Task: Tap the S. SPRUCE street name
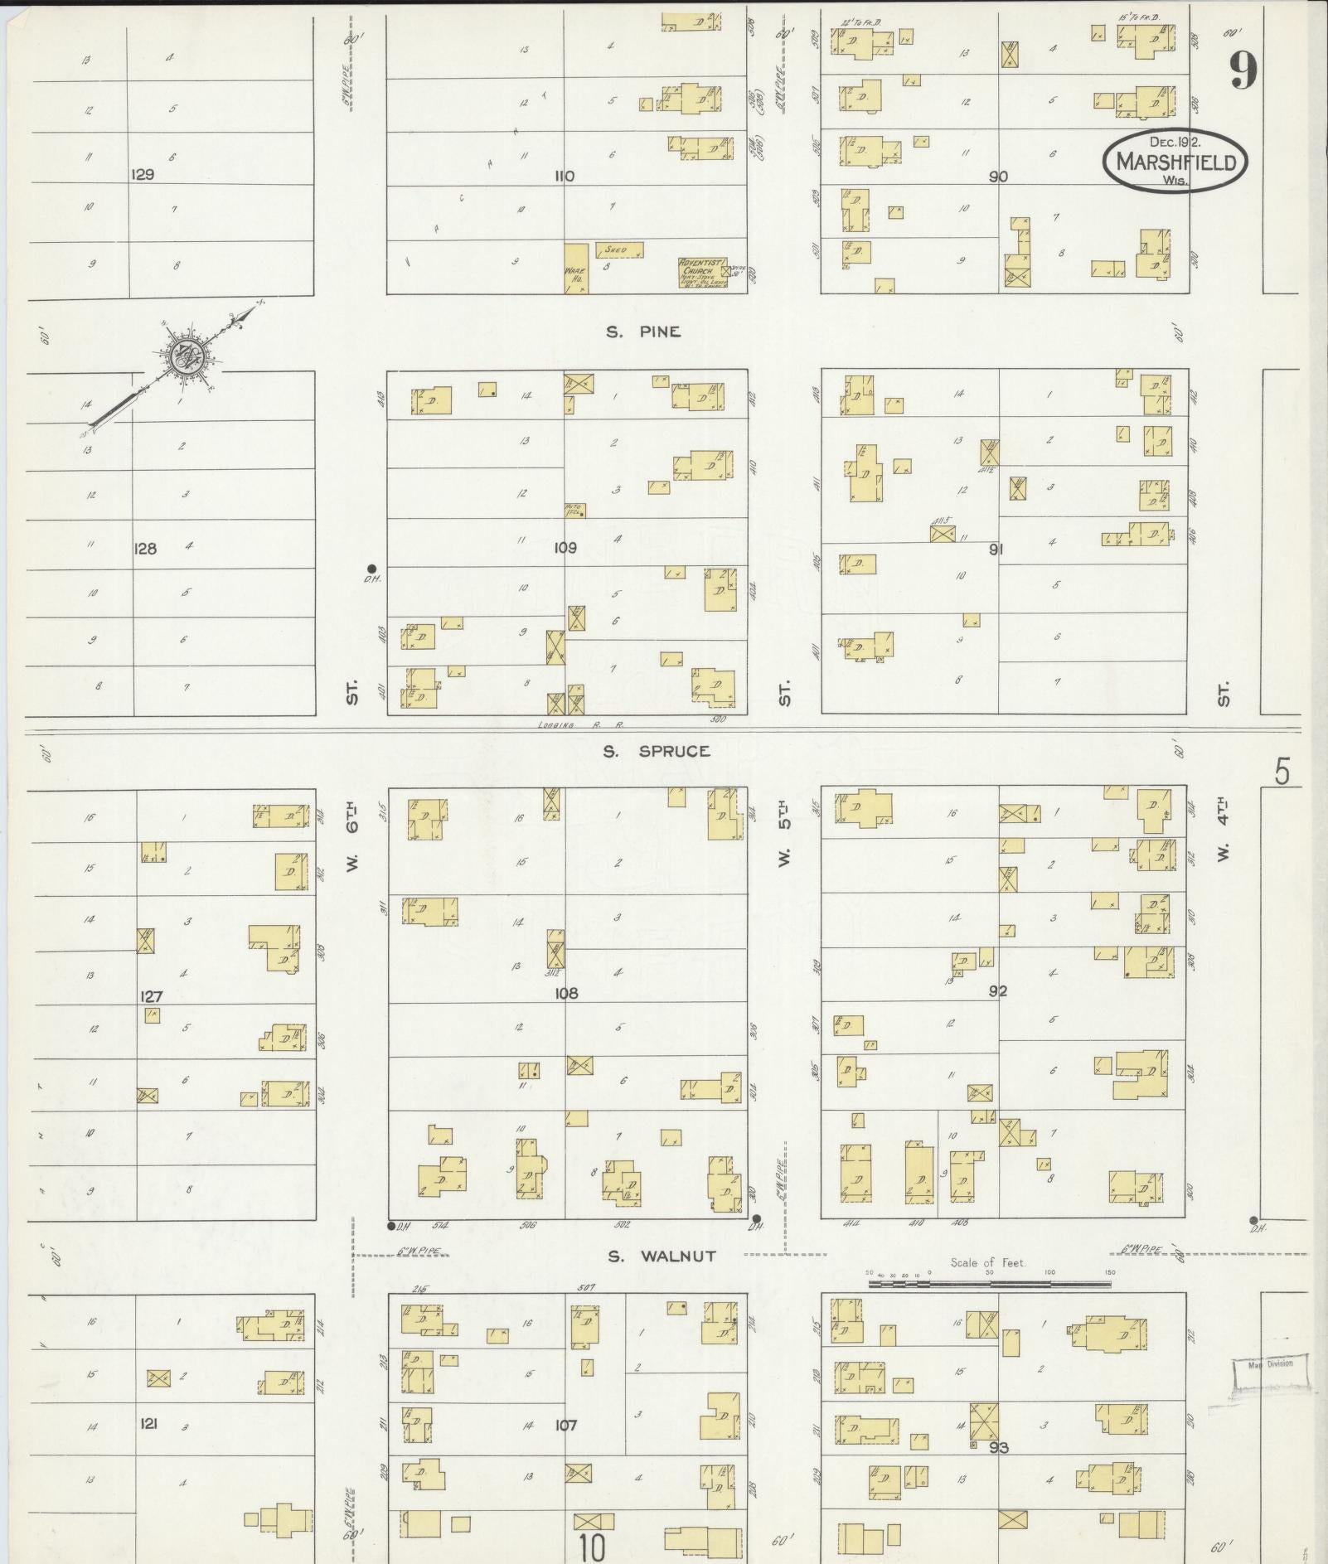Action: [657, 752]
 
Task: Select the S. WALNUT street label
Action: [662, 1257]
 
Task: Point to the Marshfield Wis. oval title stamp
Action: [1174, 161]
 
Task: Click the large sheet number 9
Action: [1243, 70]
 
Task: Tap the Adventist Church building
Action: [702, 273]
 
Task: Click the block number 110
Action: [565, 177]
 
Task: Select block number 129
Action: [143, 176]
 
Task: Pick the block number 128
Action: [145, 548]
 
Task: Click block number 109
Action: [565, 548]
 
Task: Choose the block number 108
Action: [566, 993]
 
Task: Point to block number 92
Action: [997, 991]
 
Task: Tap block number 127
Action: [152, 997]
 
